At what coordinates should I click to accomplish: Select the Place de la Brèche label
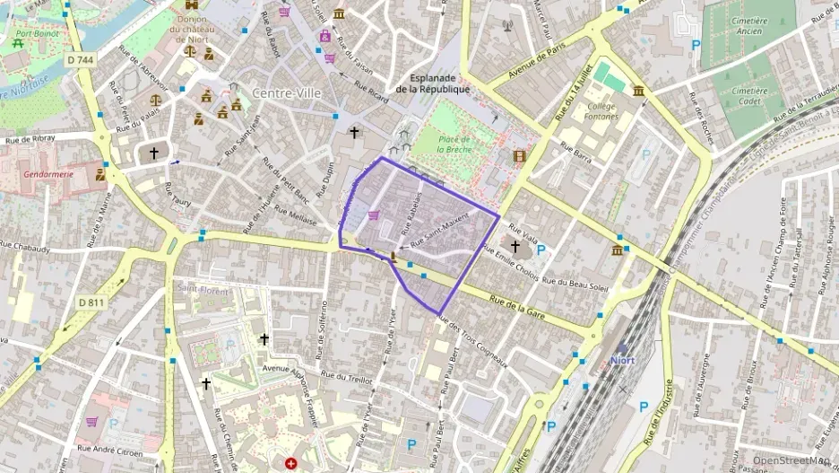pos(455,144)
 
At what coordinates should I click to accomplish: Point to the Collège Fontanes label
pos(601,111)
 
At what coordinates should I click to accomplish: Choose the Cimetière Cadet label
pos(749,96)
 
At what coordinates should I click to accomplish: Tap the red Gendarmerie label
pos(48,173)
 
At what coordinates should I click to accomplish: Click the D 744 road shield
pos(80,60)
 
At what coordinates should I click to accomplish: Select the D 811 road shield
pos(91,302)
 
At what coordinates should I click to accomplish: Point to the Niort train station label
pos(622,361)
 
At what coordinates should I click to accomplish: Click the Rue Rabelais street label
pos(411,214)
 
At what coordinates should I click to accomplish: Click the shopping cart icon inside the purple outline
pos(374,215)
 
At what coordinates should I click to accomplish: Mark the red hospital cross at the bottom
pos(290,464)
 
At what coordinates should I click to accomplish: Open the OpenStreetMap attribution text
pos(791,460)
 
